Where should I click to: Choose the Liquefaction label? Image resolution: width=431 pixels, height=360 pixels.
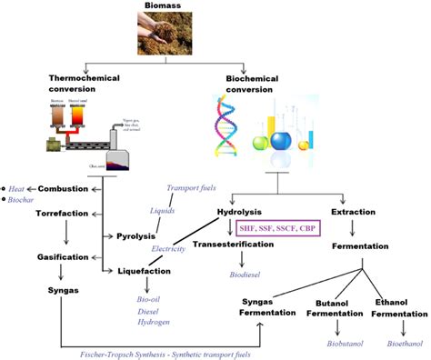coord(145,271)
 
